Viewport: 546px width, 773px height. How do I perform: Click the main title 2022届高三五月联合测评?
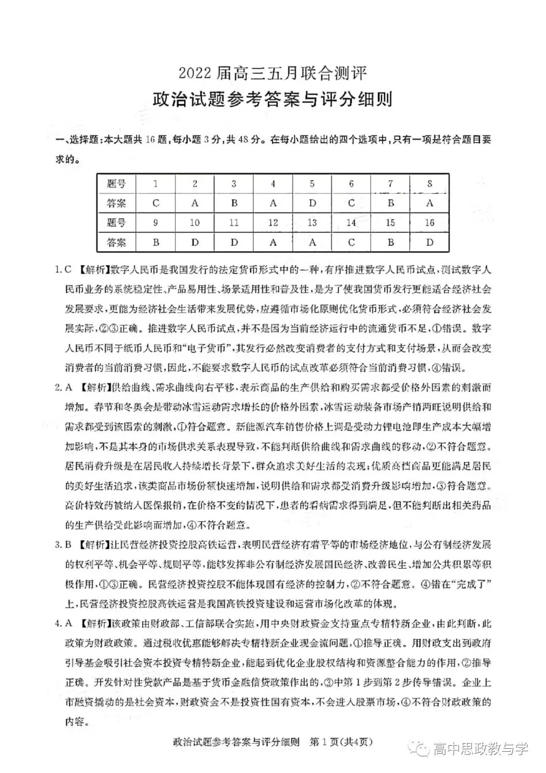(272, 74)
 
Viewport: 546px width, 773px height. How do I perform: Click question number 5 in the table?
(312, 184)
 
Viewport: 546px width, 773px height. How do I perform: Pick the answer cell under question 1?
(156, 203)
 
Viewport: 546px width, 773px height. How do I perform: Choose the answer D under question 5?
(312, 203)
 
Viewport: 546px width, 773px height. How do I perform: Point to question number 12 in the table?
(273, 223)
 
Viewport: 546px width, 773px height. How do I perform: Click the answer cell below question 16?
(429, 242)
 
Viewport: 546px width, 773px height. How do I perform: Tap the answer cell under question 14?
(351, 242)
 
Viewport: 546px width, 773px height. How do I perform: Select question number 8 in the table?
(429, 184)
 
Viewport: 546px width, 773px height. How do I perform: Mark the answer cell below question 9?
(156, 242)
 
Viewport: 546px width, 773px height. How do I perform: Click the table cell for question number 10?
(195, 223)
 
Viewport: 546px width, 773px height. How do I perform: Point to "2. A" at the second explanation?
(64, 388)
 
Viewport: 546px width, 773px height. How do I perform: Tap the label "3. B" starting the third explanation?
(64, 545)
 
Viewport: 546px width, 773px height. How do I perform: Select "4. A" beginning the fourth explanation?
(64, 624)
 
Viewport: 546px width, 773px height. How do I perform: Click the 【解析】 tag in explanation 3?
(93, 545)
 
